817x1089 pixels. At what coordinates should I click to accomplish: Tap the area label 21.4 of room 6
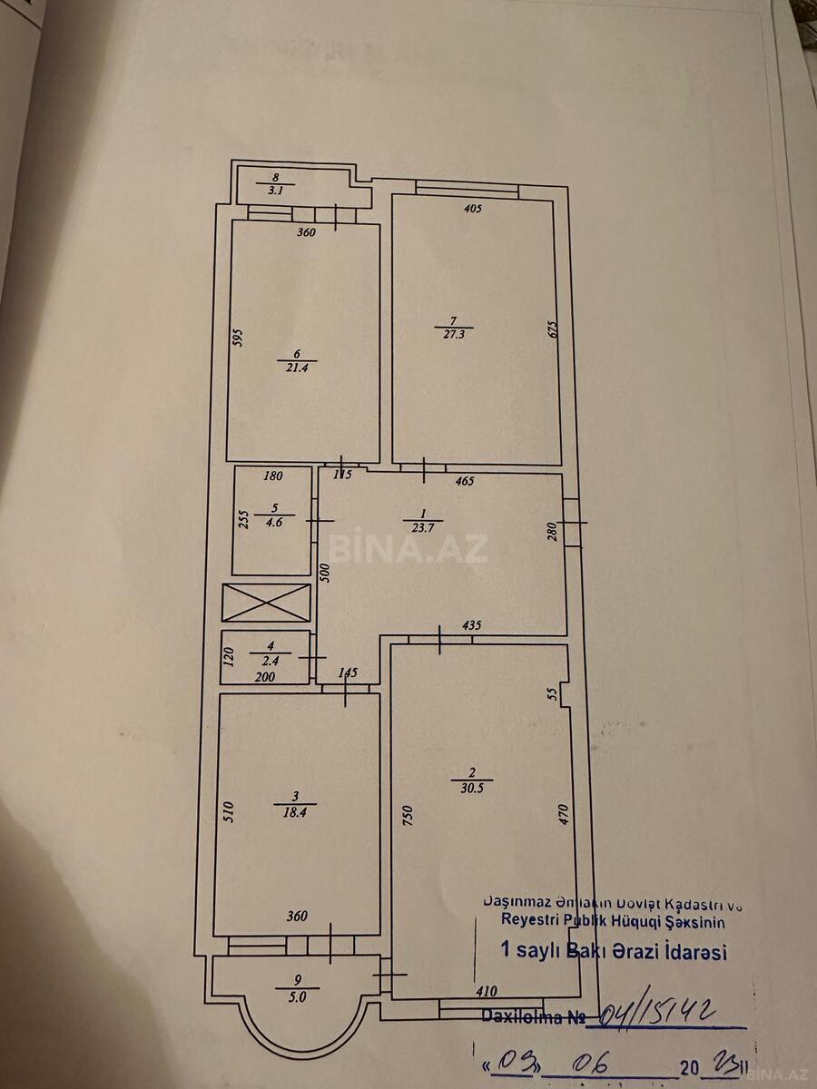tap(291, 368)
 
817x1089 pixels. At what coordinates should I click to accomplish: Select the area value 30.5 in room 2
tap(471, 788)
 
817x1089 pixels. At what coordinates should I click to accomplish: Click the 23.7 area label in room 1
tap(419, 527)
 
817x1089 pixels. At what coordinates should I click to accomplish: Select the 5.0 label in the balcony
tap(297, 996)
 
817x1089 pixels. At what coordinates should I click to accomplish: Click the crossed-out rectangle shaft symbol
tap(266, 603)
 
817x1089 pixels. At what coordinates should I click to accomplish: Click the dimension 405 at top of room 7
tap(472, 208)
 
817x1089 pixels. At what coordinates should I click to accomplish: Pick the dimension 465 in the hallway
tap(464, 480)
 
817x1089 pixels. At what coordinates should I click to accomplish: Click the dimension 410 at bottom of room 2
tap(487, 994)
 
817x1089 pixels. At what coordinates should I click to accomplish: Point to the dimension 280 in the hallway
tap(551, 531)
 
